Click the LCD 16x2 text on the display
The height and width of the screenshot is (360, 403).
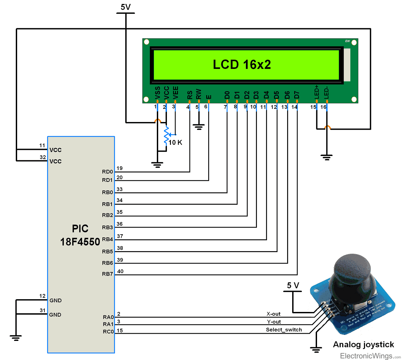[x=242, y=65]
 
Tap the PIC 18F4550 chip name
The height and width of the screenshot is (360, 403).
[x=80, y=235]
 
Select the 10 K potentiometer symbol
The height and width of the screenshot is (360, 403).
[x=166, y=135]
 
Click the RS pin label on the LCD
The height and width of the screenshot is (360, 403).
[x=190, y=95]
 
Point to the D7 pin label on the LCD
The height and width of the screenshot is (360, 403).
[x=297, y=95]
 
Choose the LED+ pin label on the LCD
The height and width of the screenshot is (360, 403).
[x=316, y=92]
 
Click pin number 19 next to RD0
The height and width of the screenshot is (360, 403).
[x=120, y=168]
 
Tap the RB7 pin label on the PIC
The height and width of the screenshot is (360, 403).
[x=107, y=274]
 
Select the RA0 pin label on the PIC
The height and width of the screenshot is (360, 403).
[x=108, y=317]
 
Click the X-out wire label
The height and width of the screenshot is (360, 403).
[x=273, y=314]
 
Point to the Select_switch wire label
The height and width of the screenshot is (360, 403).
[x=284, y=329]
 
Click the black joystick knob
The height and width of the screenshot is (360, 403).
[x=352, y=269]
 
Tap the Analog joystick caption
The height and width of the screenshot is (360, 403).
[x=363, y=345]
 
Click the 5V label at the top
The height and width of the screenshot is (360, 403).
[x=126, y=7]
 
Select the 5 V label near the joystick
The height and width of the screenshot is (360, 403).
[x=293, y=285]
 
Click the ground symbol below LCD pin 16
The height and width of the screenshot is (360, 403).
[x=326, y=157]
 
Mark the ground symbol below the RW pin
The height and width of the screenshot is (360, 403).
[x=199, y=127]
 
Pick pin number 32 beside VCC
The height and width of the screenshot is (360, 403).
[x=43, y=157]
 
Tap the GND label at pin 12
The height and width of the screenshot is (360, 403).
[x=55, y=301]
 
